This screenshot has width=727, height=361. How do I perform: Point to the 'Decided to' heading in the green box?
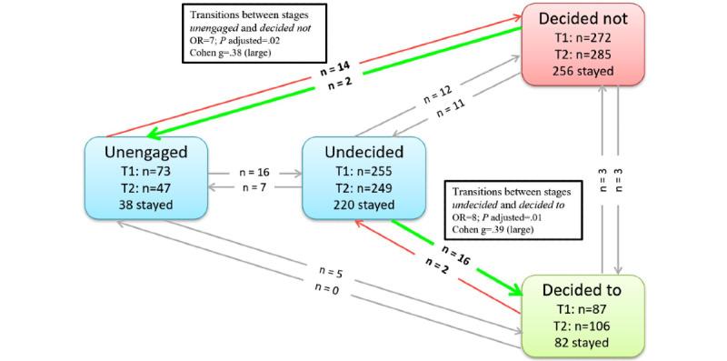[583, 290]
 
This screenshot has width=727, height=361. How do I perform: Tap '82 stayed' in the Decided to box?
[583, 342]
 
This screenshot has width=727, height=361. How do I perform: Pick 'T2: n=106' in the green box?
[583, 326]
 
